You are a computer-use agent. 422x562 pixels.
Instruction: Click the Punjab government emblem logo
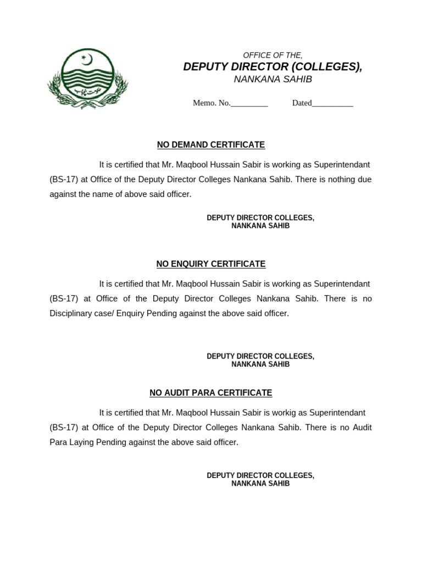click(x=87, y=77)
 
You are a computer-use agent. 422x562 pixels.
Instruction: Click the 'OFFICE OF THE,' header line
click(x=273, y=55)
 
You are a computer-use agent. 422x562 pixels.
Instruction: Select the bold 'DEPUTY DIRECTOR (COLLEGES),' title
click(x=273, y=67)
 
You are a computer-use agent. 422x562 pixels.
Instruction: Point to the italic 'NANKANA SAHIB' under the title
click(x=273, y=80)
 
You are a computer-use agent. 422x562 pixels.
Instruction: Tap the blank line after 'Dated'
click(x=332, y=103)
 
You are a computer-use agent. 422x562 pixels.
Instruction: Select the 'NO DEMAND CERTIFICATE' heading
click(x=211, y=145)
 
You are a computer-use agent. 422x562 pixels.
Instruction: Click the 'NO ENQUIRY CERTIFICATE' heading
click(x=211, y=264)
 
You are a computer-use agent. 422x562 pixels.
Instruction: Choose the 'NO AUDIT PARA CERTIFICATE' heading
click(x=211, y=393)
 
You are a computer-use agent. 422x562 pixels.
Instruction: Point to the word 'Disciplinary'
click(x=72, y=313)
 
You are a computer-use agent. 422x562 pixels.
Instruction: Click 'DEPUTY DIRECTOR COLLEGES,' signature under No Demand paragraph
click(x=260, y=218)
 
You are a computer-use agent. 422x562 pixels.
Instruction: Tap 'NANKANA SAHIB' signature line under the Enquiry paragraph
click(x=260, y=364)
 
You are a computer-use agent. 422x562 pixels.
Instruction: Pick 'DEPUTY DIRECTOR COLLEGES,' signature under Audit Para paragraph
click(x=260, y=475)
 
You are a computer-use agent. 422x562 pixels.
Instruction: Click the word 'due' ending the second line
click(x=364, y=179)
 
